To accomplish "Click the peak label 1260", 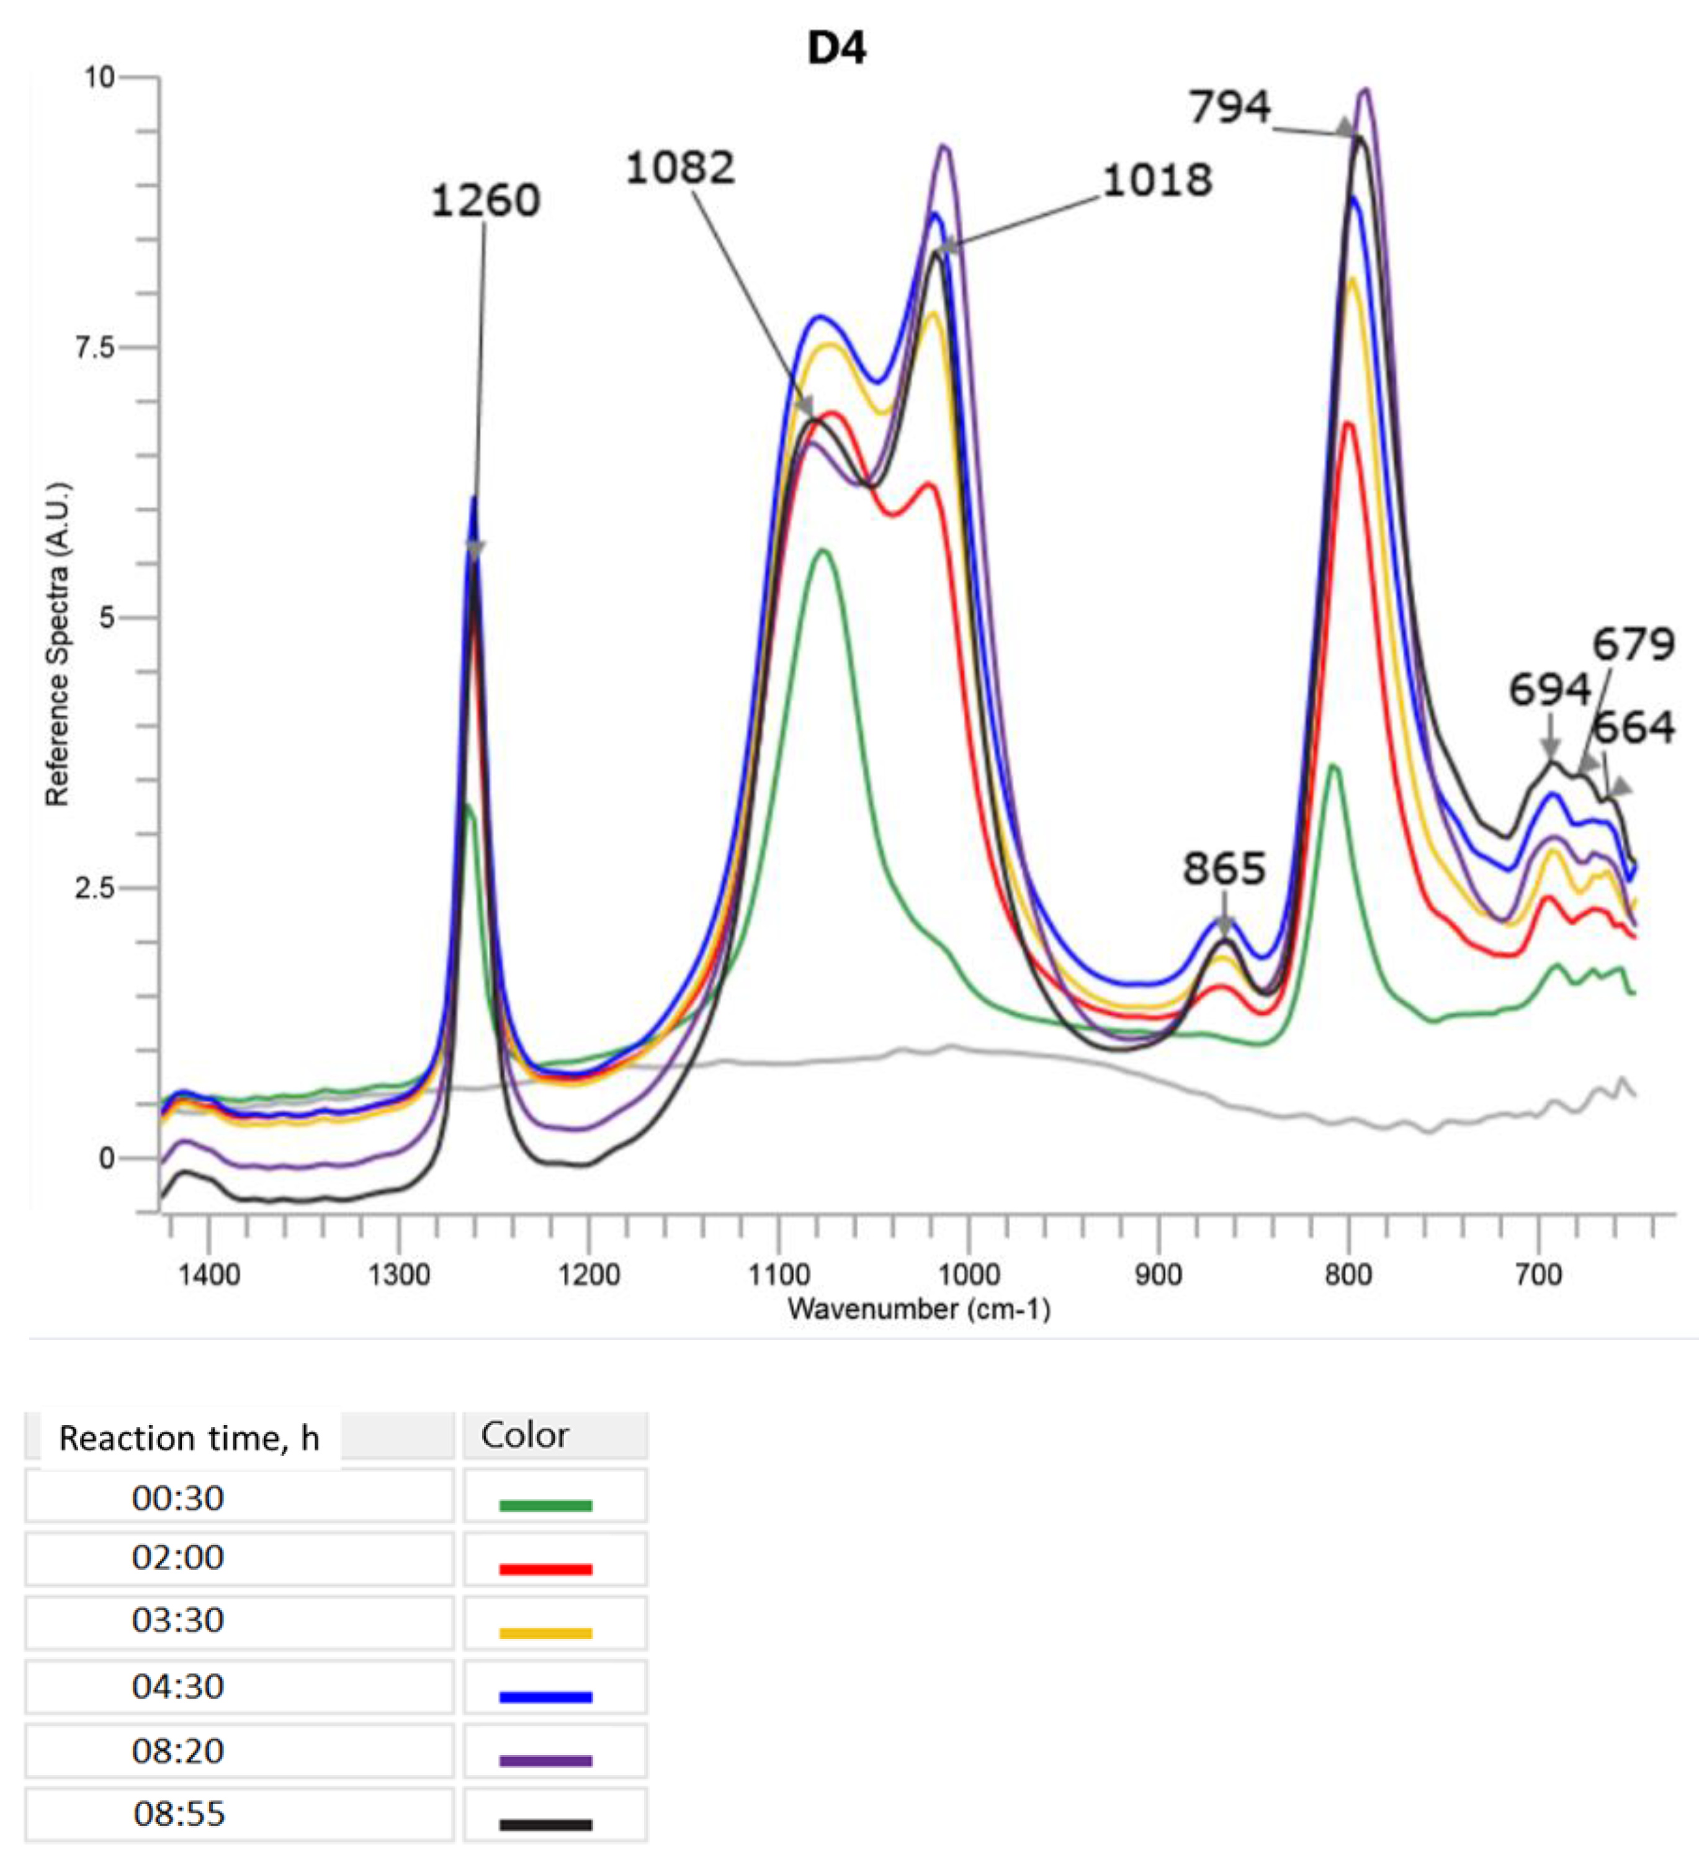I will click(485, 200).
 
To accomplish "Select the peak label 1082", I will click(681, 168).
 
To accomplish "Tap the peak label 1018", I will click(1157, 180).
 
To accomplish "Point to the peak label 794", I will click(1229, 107).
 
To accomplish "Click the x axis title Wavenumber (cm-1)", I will click(920, 1308).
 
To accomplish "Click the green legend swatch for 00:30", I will click(545, 1506).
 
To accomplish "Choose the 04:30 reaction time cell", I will click(178, 1686).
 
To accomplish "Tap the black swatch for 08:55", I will click(545, 1824).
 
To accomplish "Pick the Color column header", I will click(525, 1435).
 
